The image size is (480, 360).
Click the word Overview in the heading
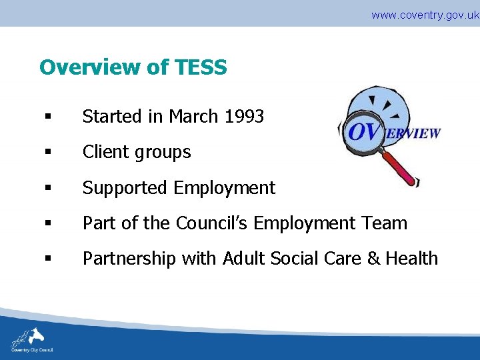click(x=86, y=67)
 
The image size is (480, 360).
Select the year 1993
click(x=244, y=117)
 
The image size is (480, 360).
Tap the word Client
click(x=104, y=152)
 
